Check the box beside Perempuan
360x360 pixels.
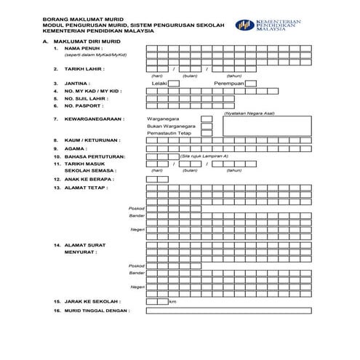pyautogui.click(x=251, y=84)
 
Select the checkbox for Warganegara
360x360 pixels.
pyautogui.click(x=207, y=118)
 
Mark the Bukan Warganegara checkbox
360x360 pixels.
pyautogui.click(x=207, y=126)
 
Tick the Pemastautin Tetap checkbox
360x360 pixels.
pyautogui.click(x=207, y=134)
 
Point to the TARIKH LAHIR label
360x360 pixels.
pyautogui.click(x=84, y=69)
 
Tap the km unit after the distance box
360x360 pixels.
pyautogui.click(x=173, y=301)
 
